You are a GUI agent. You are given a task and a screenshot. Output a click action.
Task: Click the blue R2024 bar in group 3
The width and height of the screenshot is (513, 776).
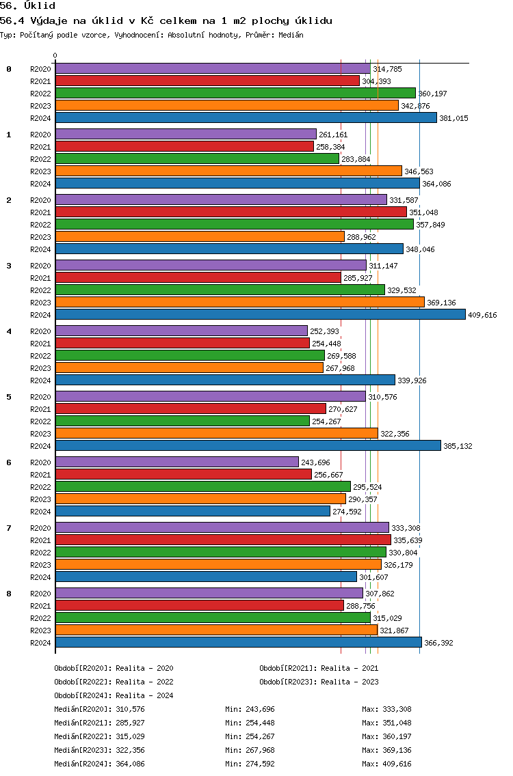coord(260,314)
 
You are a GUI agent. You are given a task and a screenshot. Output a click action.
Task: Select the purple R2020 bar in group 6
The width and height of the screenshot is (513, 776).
coord(177,462)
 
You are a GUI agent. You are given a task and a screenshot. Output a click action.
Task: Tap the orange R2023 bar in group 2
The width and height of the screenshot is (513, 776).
coord(200,236)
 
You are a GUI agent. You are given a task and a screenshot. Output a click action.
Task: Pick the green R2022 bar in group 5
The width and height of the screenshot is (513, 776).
coord(183,421)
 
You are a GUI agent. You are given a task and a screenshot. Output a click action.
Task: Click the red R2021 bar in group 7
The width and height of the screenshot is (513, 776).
coord(223,540)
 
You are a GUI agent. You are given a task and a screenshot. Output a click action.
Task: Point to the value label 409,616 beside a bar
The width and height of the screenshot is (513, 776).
coord(482,315)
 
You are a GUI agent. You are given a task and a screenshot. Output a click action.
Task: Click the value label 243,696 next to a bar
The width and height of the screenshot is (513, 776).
coord(315,462)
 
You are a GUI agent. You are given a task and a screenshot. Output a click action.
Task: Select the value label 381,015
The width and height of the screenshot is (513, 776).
coord(453,118)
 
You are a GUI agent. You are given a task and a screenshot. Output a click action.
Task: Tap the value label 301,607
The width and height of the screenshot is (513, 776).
coord(373,577)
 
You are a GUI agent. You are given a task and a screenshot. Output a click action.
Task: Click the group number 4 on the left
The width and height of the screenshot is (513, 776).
coord(9,331)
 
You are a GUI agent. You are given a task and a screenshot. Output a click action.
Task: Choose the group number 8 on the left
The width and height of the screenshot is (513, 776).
coord(9,594)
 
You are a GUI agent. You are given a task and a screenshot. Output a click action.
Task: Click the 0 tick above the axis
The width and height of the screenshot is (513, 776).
coord(55,56)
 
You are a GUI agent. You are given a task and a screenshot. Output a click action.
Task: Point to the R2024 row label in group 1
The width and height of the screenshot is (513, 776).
coord(40,184)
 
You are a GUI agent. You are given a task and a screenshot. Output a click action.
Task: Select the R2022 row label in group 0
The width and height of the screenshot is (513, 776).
coord(40,94)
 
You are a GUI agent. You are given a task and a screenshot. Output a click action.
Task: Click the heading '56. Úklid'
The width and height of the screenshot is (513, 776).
coord(28,6)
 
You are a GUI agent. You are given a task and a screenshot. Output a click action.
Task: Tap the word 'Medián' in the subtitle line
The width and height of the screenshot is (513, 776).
coord(291,35)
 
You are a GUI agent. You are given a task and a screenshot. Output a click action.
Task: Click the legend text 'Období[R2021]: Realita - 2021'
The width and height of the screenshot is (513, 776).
coord(319,668)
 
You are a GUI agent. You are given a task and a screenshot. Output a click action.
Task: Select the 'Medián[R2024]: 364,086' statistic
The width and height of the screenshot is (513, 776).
coord(100,764)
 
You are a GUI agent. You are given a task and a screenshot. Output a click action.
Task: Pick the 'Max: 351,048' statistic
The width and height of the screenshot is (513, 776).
coord(386,723)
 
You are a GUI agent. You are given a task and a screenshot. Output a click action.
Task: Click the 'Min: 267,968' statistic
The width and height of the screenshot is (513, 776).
coord(250,750)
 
